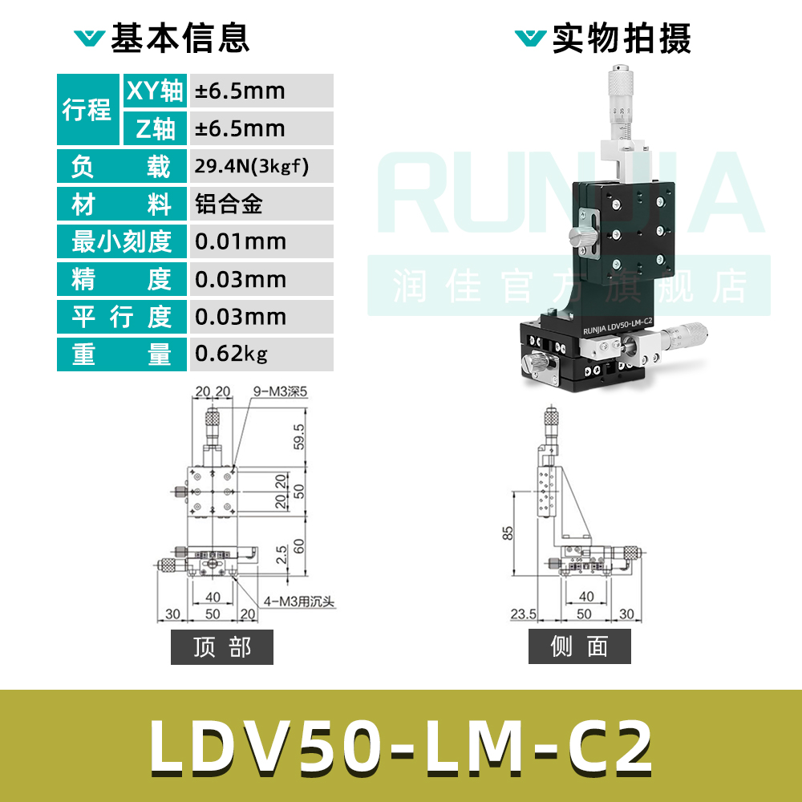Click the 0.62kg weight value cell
pyautogui.click(x=260, y=354)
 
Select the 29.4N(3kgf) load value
pyautogui.click(x=260, y=167)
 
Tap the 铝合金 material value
pyautogui.click(x=260, y=205)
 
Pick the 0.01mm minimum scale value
pyautogui.click(x=260, y=241)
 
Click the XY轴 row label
pyautogui.click(x=155, y=91)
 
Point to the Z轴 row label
pyautogui.click(x=155, y=128)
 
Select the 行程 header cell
pyautogui.click(x=87, y=109)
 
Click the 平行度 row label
pyautogui.click(x=122, y=317)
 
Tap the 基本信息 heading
pyautogui.click(x=180, y=38)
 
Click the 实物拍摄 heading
pyautogui.click(x=622, y=38)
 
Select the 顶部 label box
pyautogui.click(x=222, y=647)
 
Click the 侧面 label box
pyautogui.click(x=580, y=647)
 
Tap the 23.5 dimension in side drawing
pyautogui.click(x=523, y=614)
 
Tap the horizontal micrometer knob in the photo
pyautogui.click(x=691, y=331)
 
